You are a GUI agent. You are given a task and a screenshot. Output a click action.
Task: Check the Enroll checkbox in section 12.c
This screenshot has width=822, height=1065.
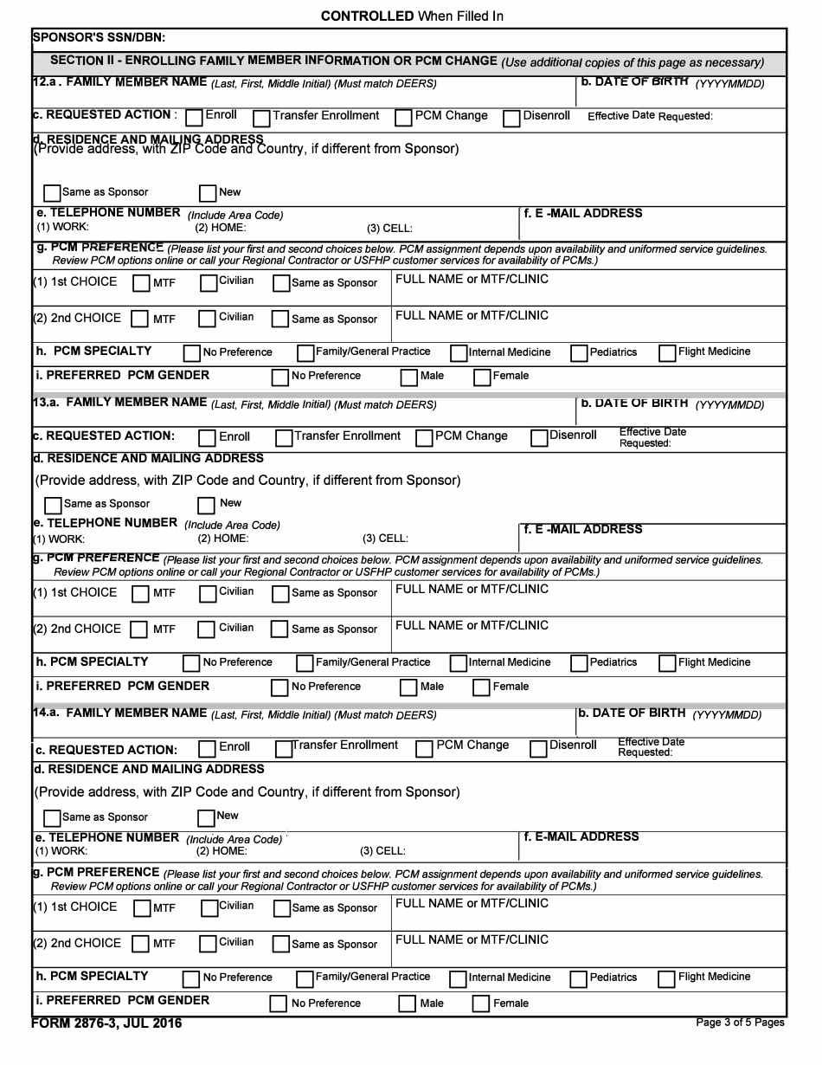(195, 118)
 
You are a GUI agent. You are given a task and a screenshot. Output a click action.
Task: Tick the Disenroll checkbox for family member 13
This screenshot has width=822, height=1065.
(539, 438)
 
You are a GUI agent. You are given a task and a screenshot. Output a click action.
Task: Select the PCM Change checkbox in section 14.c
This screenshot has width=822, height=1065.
(424, 749)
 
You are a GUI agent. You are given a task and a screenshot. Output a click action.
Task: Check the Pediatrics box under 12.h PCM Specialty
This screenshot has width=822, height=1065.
(579, 353)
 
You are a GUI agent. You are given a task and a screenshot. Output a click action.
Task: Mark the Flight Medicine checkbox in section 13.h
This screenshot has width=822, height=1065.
(666, 664)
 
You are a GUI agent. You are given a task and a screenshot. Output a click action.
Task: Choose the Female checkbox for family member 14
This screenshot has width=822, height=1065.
(481, 1004)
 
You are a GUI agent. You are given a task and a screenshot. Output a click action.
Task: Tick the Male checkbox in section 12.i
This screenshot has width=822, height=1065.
(408, 378)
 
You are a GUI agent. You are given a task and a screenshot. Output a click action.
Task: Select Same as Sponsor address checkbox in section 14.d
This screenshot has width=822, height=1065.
(52, 818)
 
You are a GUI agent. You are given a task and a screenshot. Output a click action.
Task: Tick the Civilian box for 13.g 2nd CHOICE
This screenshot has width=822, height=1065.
(207, 630)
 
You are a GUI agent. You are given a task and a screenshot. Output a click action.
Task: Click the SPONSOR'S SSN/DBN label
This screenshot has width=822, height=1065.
(98, 37)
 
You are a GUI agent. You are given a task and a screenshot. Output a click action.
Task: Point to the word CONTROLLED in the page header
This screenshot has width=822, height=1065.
(367, 16)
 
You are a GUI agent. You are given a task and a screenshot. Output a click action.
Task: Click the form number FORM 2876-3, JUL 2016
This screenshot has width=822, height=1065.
(106, 1023)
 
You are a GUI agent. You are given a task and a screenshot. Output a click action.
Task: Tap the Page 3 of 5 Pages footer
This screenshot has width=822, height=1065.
(740, 1023)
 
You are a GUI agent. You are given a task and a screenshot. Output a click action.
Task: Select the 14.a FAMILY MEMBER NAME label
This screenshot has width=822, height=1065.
(136, 713)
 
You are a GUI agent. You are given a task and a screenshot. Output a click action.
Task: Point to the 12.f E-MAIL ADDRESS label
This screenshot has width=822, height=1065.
(583, 213)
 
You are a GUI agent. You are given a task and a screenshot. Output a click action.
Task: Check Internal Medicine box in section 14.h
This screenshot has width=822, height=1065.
(458, 979)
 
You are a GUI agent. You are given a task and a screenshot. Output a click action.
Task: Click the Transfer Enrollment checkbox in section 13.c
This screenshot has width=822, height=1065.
(284, 438)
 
